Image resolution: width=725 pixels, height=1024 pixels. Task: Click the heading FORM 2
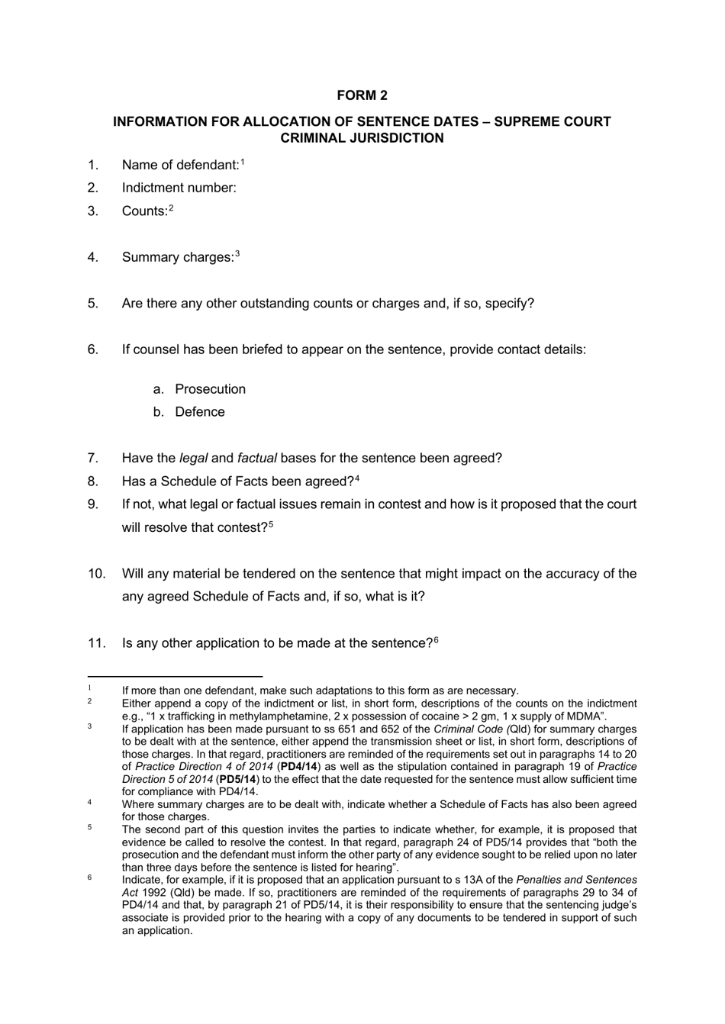[362, 95]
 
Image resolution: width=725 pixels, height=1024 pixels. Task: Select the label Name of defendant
[180, 165]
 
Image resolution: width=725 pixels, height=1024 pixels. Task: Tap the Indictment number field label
[179, 188]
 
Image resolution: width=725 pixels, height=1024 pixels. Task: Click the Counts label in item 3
[144, 211]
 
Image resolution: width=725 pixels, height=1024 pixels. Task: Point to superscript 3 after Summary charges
[237, 255]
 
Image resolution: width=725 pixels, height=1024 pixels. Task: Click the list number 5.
[93, 304]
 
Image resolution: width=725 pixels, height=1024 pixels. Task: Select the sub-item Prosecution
[210, 389]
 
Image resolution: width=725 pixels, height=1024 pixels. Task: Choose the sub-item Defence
[200, 412]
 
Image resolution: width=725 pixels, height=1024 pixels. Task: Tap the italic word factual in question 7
[256, 459]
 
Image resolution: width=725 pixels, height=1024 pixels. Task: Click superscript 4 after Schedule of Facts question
[356, 479]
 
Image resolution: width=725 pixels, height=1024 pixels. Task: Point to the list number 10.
[96, 574]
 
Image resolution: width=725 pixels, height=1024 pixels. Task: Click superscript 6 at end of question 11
[436, 641]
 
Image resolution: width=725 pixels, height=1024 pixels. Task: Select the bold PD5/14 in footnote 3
[237, 779]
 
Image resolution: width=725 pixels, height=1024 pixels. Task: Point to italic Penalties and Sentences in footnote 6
[576, 880]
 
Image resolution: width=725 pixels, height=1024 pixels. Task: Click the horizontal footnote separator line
[175, 676]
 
